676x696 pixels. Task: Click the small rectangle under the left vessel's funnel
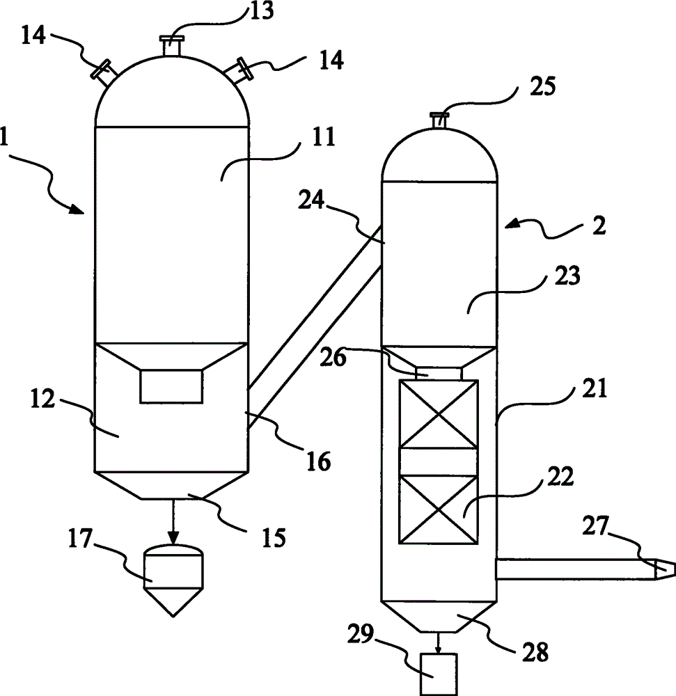point(171,386)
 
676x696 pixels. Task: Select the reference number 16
point(318,461)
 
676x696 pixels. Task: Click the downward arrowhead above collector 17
point(173,538)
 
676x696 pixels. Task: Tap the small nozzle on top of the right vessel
point(439,120)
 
